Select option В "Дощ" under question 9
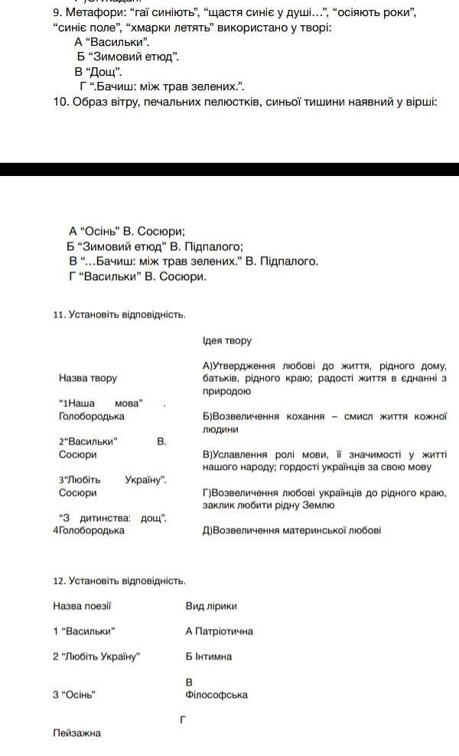[x=99, y=71]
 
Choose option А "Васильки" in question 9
[x=112, y=42]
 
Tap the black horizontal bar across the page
[x=229, y=170]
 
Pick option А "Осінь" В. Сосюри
[x=127, y=230]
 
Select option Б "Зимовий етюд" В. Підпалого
[x=155, y=246]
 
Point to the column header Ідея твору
[x=226, y=341]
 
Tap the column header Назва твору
[x=87, y=378]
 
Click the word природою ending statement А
[x=226, y=391]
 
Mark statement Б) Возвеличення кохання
[x=324, y=422]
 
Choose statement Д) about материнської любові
[x=291, y=530]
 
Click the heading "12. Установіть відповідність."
[x=119, y=582]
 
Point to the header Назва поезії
[x=82, y=606]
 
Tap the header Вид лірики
[x=211, y=606]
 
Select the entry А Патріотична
[x=219, y=631]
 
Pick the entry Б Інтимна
[x=208, y=657]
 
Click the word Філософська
[x=216, y=695]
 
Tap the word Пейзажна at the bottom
[x=76, y=733]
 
